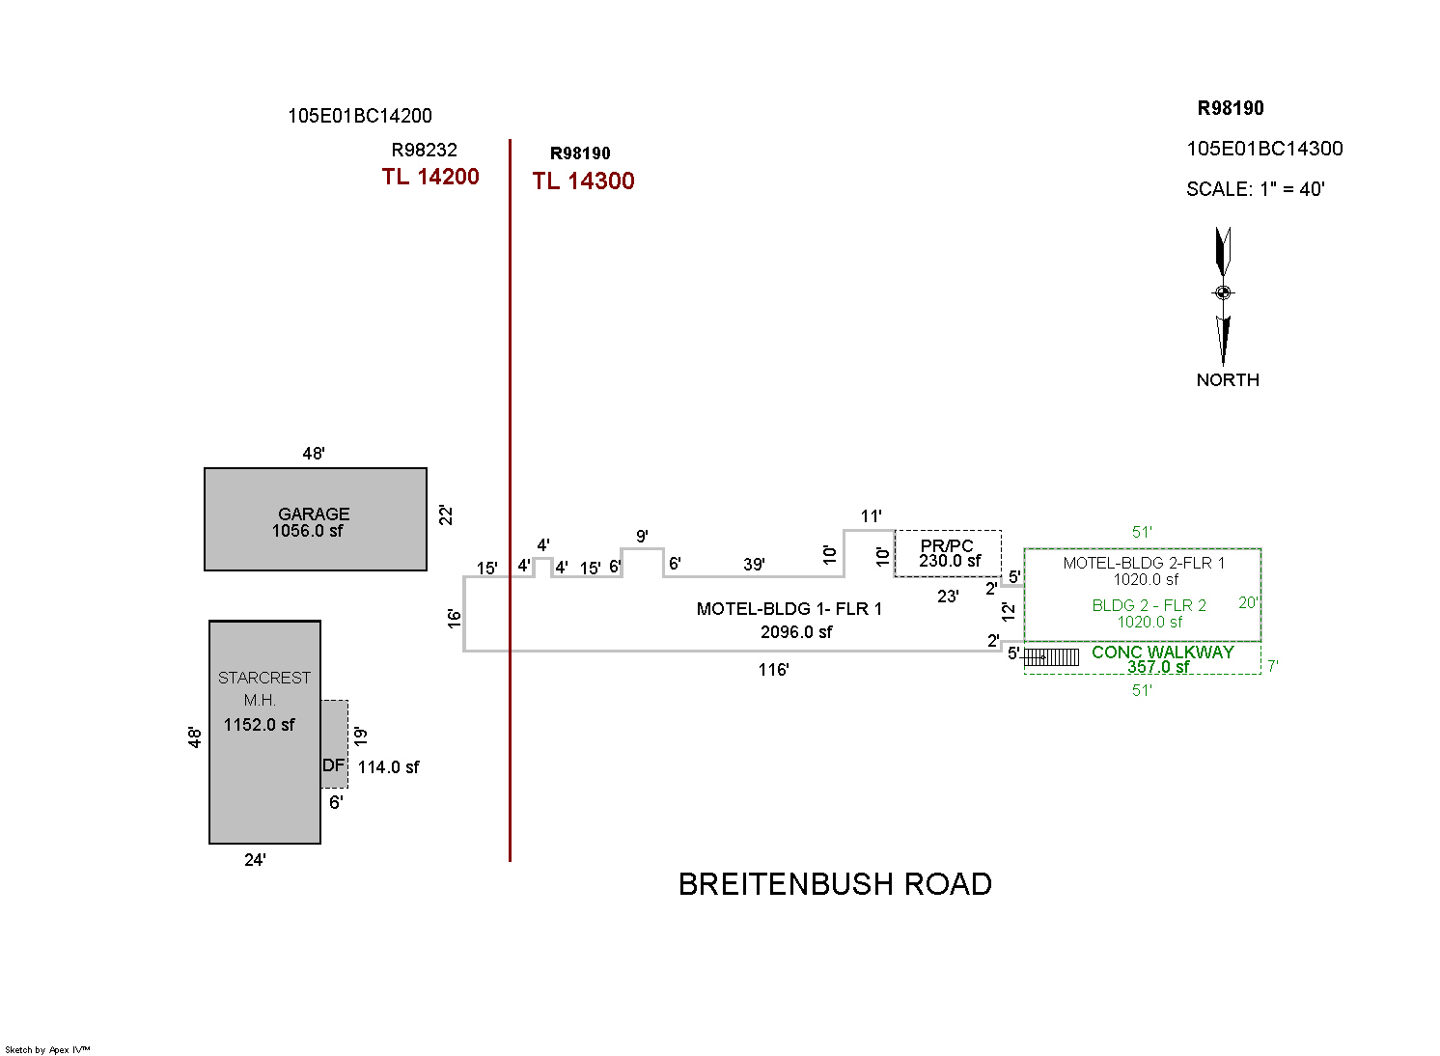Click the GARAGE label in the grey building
(x=314, y=514)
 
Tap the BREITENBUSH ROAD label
(x=835, y=884)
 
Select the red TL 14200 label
(x=430, y=177)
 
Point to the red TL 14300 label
(x=583, y=181)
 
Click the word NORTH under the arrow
(x=1228, y=380)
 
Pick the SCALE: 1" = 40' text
(x=1255, y=189)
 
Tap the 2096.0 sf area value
(x=796, y=632)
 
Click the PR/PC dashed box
(x=948, y=553)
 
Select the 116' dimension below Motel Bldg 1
(x=773, y=670)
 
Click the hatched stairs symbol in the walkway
(x=1051, y=657)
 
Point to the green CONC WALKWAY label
(x=1162, y=653)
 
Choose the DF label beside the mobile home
(x=333, y=765)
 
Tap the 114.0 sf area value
(x=389, y=767)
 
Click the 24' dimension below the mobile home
(x=255, y=860)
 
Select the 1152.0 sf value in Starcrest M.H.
(x=259, y=725)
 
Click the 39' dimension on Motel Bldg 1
(x=754, y=565)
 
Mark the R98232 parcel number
(x=424, y=151)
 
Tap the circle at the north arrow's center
(x=1223, y=292)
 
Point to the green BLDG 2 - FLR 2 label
(x=1149, y=606)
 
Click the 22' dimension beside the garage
(x=446, y=515)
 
